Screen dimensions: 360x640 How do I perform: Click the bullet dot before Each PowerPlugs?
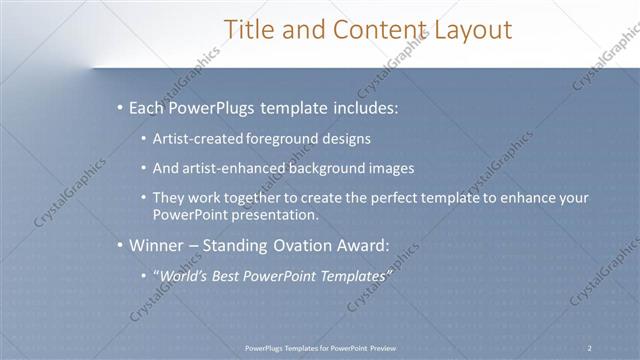(120, 106)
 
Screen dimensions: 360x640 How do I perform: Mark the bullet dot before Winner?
(120, 245)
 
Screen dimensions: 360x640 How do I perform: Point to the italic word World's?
(186, 275)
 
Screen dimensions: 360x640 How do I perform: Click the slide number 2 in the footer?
(589, 347)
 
